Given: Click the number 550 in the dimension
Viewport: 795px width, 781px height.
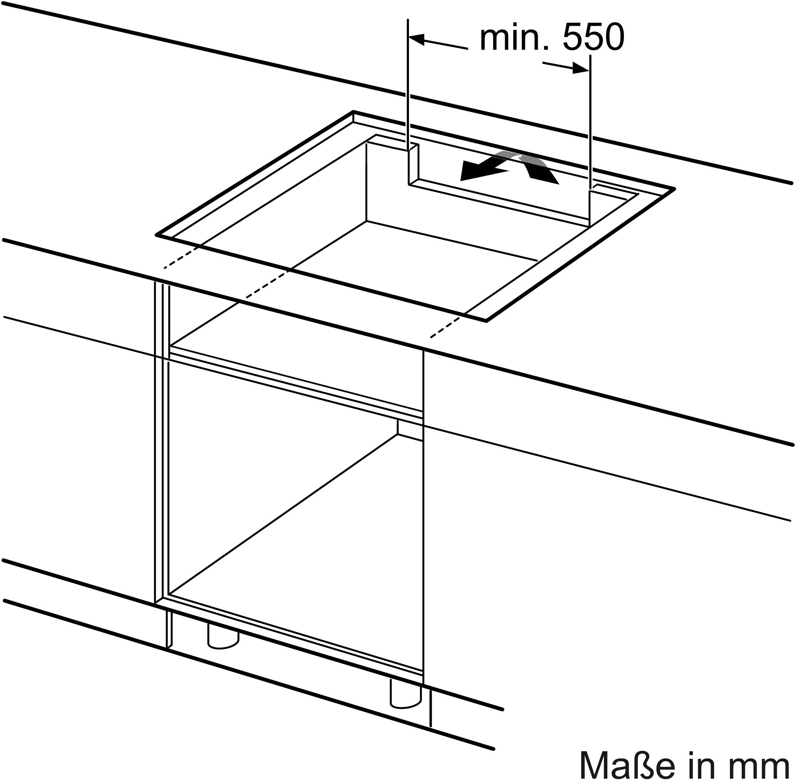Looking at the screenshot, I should pos(593,38).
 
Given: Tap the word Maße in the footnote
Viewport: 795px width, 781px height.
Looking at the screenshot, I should pos(627,764).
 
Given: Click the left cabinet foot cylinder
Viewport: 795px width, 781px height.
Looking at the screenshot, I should pos(223,638).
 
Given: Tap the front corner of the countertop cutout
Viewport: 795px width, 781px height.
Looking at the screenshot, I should pos(486,321).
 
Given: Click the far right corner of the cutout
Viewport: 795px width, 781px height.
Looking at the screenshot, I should pos(674,189).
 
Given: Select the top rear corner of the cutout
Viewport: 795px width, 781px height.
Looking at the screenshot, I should pos(353,112).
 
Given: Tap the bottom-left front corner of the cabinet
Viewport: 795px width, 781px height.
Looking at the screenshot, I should pos(156,602).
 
